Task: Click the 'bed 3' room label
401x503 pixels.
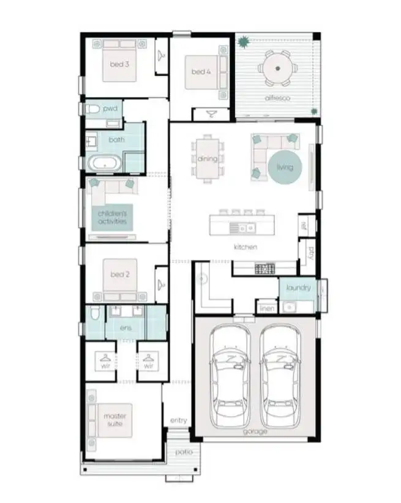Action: (x=120, y=64)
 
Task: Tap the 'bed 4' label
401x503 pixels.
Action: (x=201, y=72)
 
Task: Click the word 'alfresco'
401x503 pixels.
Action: (x=277, y=97)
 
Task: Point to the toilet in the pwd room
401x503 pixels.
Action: (x=92, y=109)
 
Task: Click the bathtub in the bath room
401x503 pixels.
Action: (x=106, y=163)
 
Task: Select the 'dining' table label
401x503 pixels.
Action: (x=207, y=159)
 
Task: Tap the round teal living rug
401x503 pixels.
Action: (x=285, y=166)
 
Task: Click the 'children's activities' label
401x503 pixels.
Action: (x=113, y=217)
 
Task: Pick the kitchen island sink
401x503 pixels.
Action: (x=242, y=228)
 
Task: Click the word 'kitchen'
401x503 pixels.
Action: (x=245, y=247)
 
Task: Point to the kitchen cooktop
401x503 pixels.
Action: (x=264, y=267)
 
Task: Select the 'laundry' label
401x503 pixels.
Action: (x=298, y=287)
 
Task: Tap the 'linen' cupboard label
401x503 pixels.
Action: (x=266, y=309)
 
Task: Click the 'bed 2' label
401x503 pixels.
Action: (x=120, y=275)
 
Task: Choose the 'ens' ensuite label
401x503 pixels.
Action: (x=126, y=329)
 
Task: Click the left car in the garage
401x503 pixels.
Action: (x=230, y=376)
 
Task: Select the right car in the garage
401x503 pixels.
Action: (x=280, y=376)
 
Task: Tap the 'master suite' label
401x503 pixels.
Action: (x=114, y=420)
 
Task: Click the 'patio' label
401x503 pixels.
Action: (x=183, y=452)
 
